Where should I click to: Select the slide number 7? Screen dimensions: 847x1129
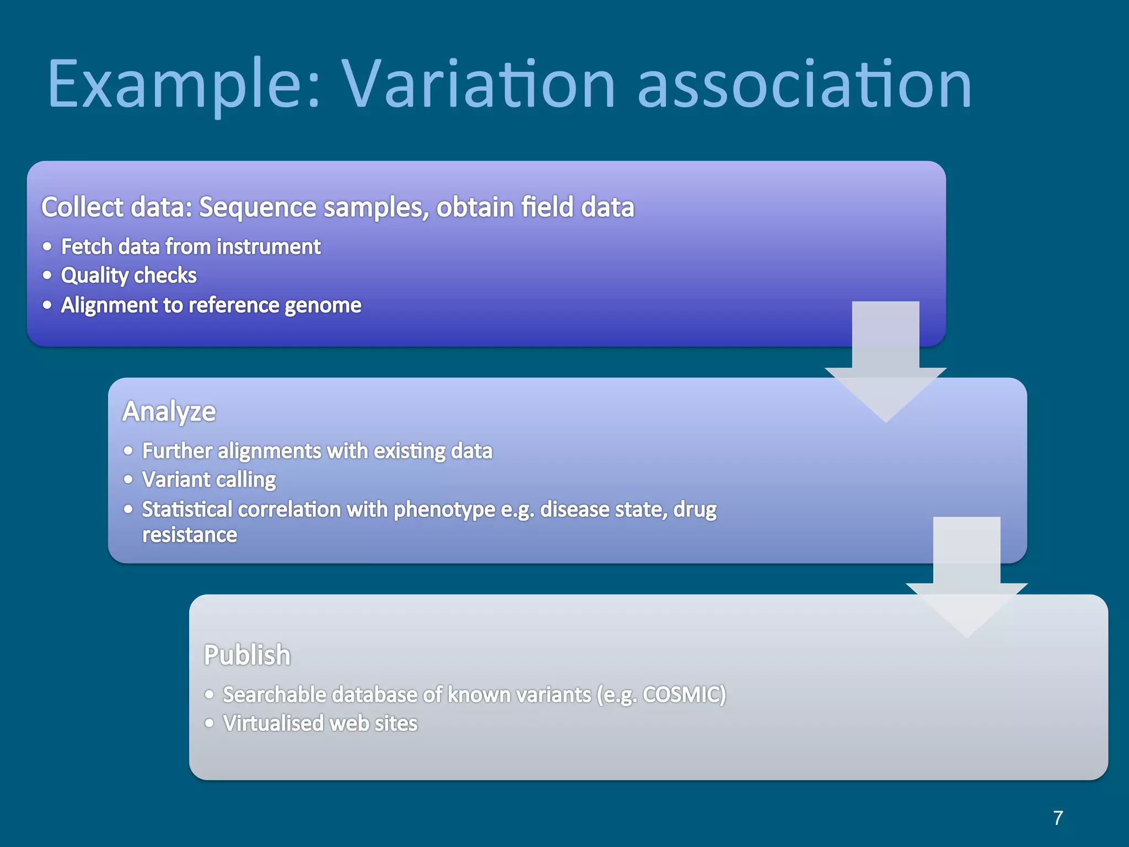click(x=1058, y=818)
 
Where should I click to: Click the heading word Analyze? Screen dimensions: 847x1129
click(x=169, y=412)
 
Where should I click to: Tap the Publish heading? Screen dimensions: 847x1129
click(x=247, y=655)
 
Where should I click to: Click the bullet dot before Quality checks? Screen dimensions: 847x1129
click(x=47, y=275)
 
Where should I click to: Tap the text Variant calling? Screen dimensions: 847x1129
click(x=209, y=480)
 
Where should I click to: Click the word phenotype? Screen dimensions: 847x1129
click(x=444, y=510)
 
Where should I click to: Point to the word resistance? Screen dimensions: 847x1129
click(x=190, y=535)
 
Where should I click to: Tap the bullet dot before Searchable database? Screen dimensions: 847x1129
click(x=209, y=695)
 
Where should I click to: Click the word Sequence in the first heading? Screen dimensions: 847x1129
click(x=257, y=207)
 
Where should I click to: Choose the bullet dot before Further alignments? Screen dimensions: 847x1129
click(x=128, y=451)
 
